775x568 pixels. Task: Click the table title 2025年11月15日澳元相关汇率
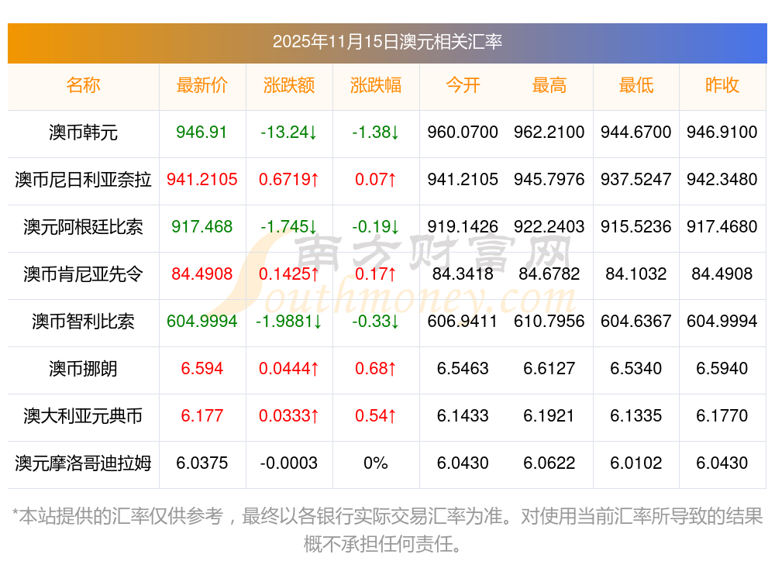coord(387,41)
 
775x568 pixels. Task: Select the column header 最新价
coord(201,86)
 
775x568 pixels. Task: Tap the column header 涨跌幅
coord(375,86)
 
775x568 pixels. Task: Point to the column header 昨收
coord(722,86)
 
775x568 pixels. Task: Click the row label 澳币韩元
coord(83,133)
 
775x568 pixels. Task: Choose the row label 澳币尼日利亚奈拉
coord(83,180)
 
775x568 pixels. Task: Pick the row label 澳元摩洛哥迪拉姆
coord(83,463)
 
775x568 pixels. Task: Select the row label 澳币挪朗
coord(83,369)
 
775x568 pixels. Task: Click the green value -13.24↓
coord(288,133)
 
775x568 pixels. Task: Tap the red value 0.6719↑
coord(288,180)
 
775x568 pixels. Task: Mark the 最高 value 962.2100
coord(549,133)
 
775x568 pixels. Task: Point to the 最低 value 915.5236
coord(635,227)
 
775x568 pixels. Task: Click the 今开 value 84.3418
coord(463,274)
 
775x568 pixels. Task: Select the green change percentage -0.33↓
coord(375,322)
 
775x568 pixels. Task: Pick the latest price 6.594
coord(201,369)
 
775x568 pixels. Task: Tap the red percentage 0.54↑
coord(375,416)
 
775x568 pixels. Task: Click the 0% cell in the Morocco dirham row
coord(375,463)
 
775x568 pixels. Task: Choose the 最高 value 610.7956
coord(549,322)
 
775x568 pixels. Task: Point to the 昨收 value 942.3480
coord(722,180)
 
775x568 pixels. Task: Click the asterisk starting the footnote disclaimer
coord(16,515)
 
